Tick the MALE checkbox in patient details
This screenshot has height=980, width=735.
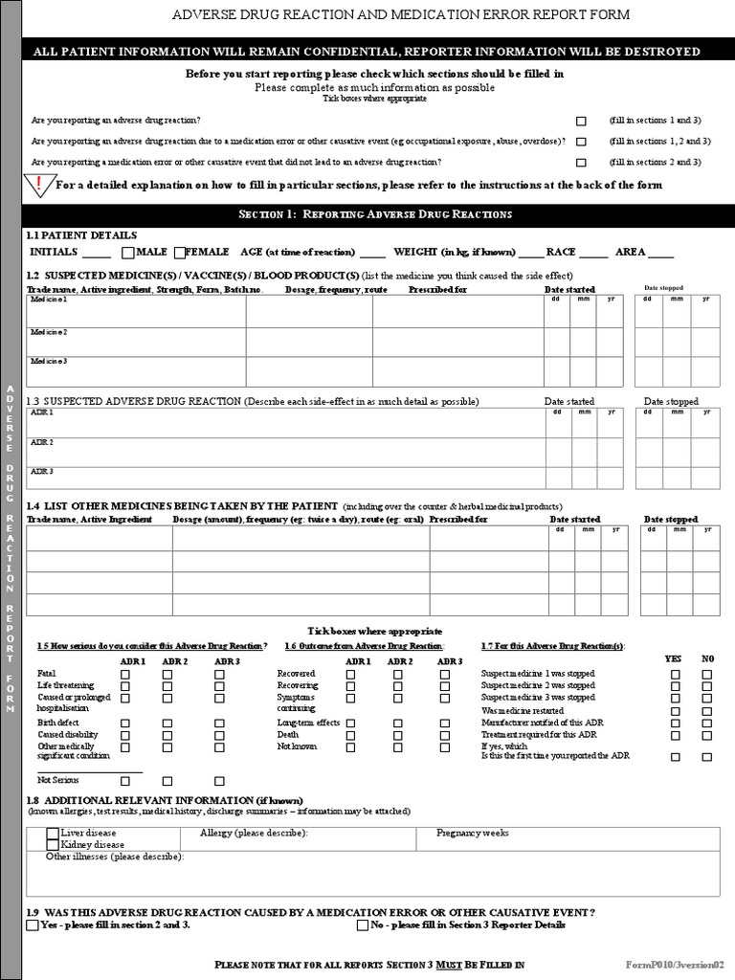point(128,253)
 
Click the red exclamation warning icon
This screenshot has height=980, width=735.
point(39,184)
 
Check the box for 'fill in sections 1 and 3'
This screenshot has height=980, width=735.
point(581,122)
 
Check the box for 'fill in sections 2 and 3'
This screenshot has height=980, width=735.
point(581,163)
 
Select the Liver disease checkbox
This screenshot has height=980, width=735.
point(53,834)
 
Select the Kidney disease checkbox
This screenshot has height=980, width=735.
point(53,845)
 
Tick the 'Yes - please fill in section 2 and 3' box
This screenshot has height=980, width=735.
point(33,925)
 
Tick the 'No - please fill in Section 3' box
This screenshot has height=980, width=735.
point(363,925)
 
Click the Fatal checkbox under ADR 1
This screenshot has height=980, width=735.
point(126,675)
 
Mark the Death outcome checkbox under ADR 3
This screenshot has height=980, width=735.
point(445,735)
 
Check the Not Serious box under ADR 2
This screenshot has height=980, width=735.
point(167,781)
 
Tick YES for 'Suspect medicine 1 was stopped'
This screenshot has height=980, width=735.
point(676,675)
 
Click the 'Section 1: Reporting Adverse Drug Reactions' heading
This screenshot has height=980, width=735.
point(374,213)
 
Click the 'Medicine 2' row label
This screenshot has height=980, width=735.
point(49,332)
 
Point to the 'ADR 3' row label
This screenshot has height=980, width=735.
point(42,471)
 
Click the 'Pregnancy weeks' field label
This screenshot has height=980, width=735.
point(473,834)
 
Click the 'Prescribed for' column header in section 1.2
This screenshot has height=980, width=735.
point(437,289)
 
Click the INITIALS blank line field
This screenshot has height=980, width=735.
point(96,256)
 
